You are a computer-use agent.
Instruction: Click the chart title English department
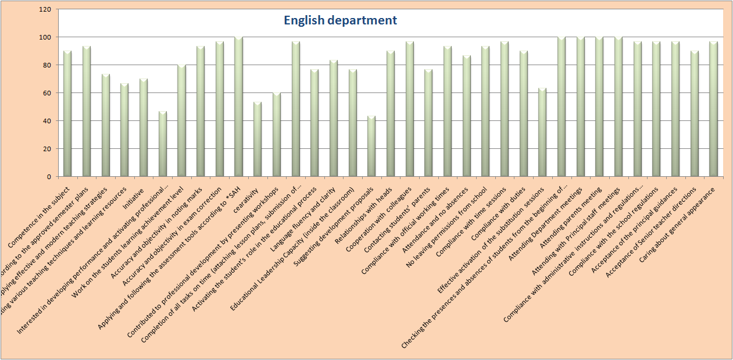340,20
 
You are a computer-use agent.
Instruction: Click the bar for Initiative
144,127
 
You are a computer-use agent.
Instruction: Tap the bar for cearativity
258,140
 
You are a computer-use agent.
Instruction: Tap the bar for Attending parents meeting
599,107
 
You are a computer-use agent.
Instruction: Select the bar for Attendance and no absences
466,116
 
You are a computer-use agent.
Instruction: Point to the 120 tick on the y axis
45,10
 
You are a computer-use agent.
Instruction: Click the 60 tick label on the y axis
47,93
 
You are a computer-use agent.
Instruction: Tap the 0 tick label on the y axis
49,177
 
